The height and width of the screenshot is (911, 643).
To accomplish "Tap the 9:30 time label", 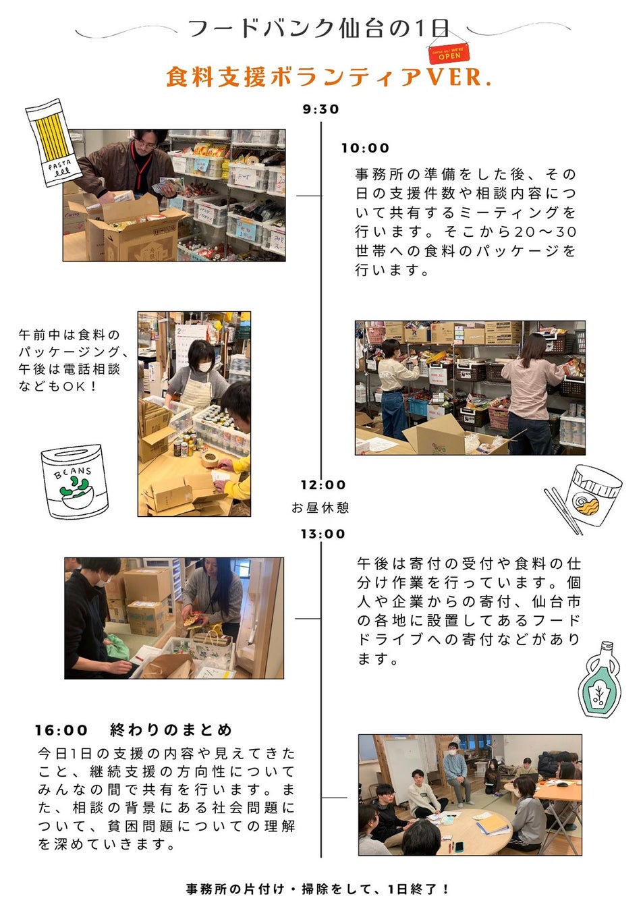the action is click(x=320, y=109).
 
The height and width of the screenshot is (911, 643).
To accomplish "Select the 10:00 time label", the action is click(x=365, y=148).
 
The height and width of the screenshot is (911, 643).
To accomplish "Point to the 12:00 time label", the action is click(x=323, y=485).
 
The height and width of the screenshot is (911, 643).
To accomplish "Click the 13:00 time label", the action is click(x=323, y=534).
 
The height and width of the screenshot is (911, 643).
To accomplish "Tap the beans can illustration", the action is click(x=75, y=482).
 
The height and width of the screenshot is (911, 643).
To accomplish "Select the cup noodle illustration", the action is click(x=584, y=498).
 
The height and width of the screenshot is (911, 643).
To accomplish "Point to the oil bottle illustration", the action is click(x=600, y=679).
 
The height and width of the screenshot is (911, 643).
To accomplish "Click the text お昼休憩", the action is click(x=320, y=507).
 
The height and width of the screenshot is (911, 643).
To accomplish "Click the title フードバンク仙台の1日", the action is click(x=318, y=28).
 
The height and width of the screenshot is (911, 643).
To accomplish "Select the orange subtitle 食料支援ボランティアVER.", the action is click(x=329, y=77).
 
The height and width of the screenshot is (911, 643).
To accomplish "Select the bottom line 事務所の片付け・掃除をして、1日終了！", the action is click(x=318, y=889).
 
